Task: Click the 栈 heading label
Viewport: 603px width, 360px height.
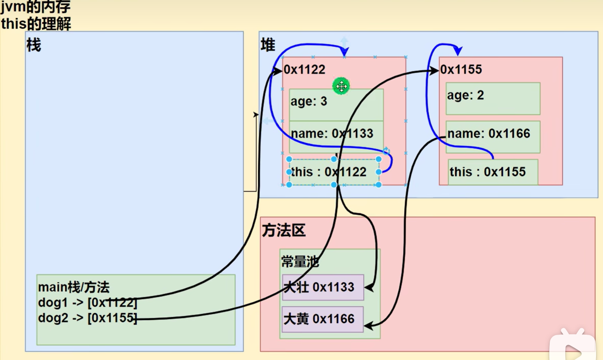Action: tap(34, 45)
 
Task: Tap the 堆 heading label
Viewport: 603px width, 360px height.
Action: tap(268, 45)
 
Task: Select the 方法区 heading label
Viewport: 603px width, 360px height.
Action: tap(283, 230)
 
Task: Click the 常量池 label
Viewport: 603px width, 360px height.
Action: tap(300, 262)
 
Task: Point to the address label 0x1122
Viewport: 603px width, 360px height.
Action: tap(305, 69)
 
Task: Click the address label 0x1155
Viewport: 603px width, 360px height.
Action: tap(461, 69)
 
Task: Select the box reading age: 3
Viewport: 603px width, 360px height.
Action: tap(336, 104)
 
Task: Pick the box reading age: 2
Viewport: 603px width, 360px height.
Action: tap(493, 98)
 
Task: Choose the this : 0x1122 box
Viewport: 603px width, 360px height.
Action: tap(333, 172)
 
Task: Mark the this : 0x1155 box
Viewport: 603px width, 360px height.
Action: tap(493, 172)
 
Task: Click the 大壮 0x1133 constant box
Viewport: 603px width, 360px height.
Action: tap(323, 287)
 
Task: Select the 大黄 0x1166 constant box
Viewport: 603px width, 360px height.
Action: tap(323, 319)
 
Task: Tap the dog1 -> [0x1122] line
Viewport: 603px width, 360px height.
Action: tap(87, 302)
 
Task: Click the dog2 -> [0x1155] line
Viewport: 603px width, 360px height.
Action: tap(87, 318)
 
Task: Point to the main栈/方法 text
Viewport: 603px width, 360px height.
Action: tap(74, 287)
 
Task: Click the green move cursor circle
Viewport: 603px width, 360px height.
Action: tap(341, 86)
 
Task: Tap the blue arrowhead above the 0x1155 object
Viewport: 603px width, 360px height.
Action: tap(458, 50)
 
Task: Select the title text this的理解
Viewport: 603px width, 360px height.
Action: tap(36, 24)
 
